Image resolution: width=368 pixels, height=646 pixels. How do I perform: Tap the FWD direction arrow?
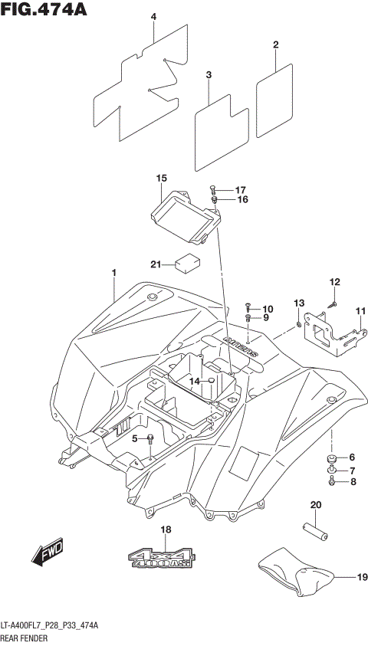pos(48,550)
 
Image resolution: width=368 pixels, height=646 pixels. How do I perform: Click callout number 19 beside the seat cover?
pos(360,579)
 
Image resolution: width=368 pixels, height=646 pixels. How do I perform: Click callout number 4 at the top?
pos(153,16)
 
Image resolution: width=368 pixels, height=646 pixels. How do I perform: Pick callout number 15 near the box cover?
pos(161,179)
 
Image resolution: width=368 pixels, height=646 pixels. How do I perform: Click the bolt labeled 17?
pos(215,189)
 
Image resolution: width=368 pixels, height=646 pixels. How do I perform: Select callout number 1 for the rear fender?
pos(113,273)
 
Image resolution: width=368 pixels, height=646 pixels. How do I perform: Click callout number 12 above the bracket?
pos(334,282)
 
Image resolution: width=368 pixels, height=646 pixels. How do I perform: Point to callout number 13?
pos(299,304)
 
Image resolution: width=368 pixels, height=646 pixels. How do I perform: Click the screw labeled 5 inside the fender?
pos(151,438)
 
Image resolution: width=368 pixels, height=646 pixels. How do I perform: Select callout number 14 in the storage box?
pos(195,381)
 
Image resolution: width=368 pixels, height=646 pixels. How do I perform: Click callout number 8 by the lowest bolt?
pos(353,482)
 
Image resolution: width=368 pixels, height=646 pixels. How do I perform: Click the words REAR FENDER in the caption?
pos(25,638)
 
